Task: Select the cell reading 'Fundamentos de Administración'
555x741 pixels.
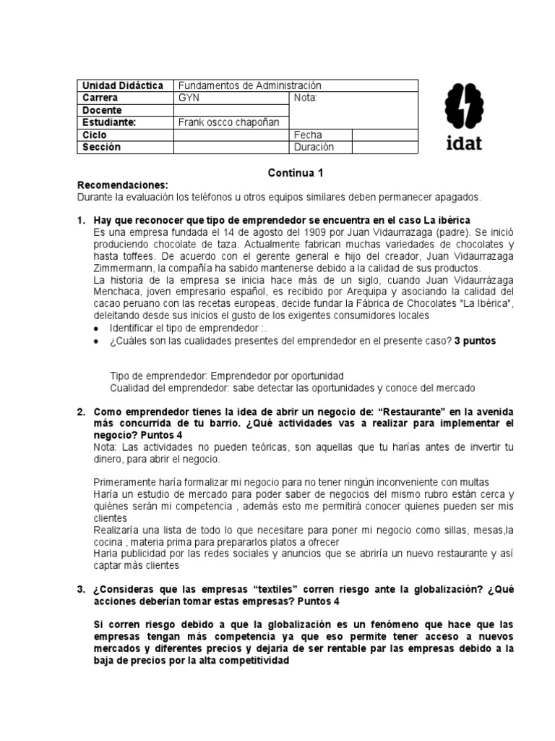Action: [249, 85]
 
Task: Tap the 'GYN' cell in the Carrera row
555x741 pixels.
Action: [189, 98]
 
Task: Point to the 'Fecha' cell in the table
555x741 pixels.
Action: [308, 135]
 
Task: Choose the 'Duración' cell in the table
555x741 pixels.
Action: [314, 147]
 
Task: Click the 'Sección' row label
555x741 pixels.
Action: [102, 147]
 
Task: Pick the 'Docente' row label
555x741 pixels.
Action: [103, 110]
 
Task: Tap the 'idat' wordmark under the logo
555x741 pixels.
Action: [461, 142]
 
